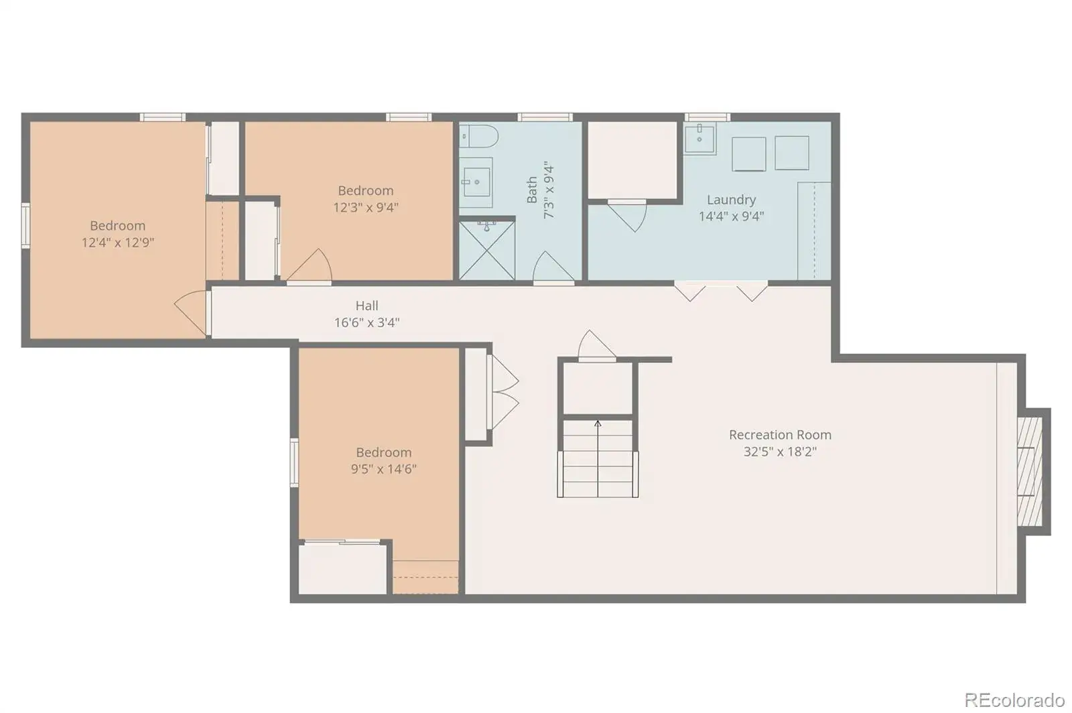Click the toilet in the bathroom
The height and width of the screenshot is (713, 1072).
pos(479,137)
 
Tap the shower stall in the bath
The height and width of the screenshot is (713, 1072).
pos(487,250)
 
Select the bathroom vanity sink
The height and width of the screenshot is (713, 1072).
pos(476,182)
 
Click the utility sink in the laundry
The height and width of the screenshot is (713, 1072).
pos(699,138)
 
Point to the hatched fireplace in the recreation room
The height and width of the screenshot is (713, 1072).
pos(1030,471)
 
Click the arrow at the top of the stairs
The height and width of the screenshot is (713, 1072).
pos(598,424)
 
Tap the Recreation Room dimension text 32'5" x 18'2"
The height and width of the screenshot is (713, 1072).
pos(780,451)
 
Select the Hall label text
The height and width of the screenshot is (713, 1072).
pos(367,306)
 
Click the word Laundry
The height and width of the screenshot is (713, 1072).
pos(731,200)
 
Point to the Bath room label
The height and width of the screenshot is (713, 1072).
pos(532,190)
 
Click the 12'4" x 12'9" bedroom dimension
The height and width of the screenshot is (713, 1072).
pos(118,242)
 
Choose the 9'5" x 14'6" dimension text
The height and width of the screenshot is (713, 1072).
pos(383,468)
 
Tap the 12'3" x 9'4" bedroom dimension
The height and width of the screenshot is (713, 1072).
pos(366,207)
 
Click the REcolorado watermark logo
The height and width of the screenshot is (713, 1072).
pos(1014,700)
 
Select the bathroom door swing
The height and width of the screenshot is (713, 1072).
pos(553,267)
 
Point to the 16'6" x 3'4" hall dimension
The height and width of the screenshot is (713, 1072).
pos(367,322)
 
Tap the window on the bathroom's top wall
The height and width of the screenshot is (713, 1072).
pos(545,117)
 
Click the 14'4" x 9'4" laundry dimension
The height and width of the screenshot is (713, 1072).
pos(731,216)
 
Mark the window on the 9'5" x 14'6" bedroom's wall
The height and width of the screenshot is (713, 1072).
pos(294,463)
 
